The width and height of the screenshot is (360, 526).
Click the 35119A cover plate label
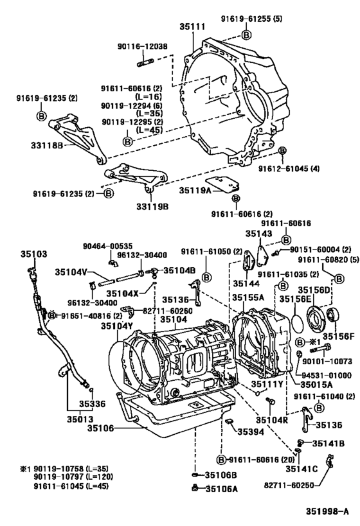[x=195, y=190]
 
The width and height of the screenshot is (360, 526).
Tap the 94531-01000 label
[x=328, y=375]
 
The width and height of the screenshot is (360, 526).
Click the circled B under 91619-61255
[x=246, y=34]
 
